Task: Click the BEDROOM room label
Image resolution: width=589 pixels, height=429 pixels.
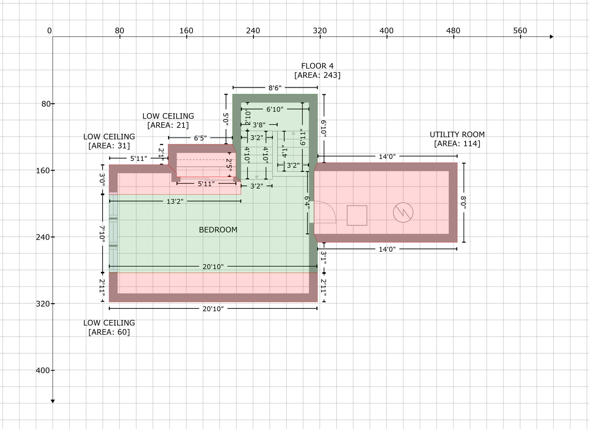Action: [218, 230]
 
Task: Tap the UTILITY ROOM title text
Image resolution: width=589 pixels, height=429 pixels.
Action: [457, 134]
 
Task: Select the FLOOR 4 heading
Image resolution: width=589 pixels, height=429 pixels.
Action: [317, 66]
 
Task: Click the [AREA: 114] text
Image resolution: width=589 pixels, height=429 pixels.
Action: [457, 144]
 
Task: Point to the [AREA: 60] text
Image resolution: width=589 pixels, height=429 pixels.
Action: [109, 332]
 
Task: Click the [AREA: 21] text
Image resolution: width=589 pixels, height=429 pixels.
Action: [168, 125]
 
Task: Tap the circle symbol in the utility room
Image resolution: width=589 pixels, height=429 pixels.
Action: [403, 213]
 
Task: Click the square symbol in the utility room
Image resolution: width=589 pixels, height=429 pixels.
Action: [357, 215]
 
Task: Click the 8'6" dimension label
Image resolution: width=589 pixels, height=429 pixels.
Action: [275, 88]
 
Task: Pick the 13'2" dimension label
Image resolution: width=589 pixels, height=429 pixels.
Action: [175, 202]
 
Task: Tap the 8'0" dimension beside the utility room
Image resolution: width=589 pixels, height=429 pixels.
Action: [463, 202]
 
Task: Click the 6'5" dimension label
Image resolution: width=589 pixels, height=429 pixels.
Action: [200, 138]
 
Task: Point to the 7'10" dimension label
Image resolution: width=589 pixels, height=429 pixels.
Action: [102, 233]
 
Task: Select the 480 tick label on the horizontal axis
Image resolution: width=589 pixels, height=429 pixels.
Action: [453, 31]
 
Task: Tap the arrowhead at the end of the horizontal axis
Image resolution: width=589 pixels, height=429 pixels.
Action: [551, 37]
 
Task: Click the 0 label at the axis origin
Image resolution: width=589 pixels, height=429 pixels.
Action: [49, 31]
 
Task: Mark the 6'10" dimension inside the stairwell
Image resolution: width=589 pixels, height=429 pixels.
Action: [275, 109]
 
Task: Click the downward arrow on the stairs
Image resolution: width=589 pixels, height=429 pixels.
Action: [257, 177]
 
